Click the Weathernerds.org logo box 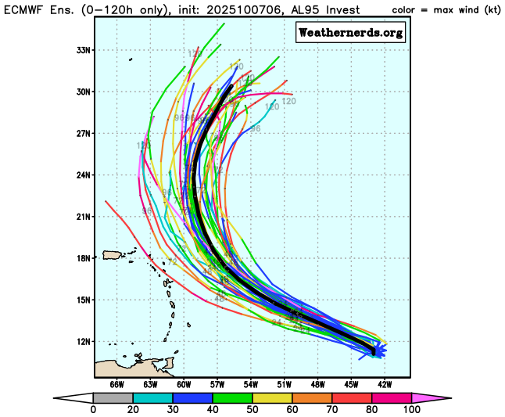click(x=350, y=32)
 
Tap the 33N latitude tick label click(x=84, y=49)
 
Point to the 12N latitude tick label click(x=84, y=341)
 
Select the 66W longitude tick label click(x=117, y=384)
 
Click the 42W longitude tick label click(x=384, y=384)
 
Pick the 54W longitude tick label click(x=251, y=384)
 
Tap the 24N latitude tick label click(x=84, y=174)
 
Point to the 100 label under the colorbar click(x=412, y=409)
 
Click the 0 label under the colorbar click(x=93, y=409)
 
